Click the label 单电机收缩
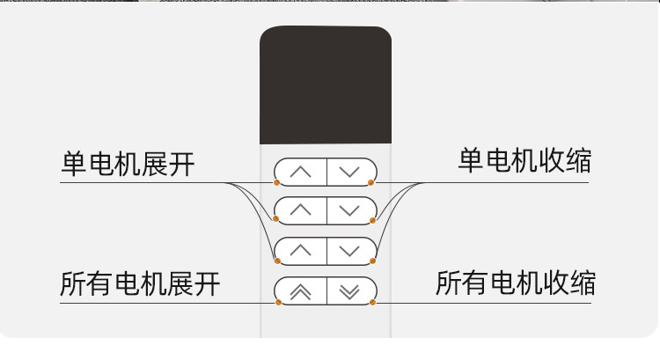[x=524, y=161]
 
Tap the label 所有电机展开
[x=140, y=284]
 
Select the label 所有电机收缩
[x=516, y=283]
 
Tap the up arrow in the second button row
[x=300, y=211]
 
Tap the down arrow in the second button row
[x=350, y=211]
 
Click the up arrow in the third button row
[x=300, y=251]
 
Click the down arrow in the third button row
[x=350, y=251]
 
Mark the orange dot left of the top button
[x=277, y=183]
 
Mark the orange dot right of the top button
[x=372, y=183]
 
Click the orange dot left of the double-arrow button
[x=279, y=302]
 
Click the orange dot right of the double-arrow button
[x=373, y=302]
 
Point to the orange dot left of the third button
[x=277, y=261]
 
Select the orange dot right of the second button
[x=373, y=222]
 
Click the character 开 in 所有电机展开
[x=207, y=284]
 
